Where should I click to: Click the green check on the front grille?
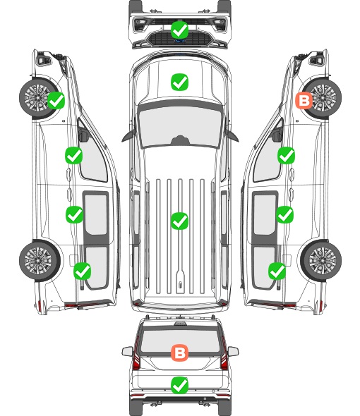click(180, 30)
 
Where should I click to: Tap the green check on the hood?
click(179, 82)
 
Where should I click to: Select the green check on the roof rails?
click(179, 221)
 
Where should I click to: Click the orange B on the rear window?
click(179, 353)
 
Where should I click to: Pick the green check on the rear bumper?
click(179, 385)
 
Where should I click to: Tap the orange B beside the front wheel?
click(304, 101)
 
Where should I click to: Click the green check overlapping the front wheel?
click(56, 100)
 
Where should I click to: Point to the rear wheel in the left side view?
click(40, 261)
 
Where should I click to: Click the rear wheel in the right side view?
click(321, 261)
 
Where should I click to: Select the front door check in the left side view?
click(74, 155)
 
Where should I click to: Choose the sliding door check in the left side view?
click(74, 214)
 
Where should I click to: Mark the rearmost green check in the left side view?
click(83, 271)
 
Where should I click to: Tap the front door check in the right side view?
click(286, 155)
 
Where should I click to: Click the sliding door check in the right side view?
click(285, 214)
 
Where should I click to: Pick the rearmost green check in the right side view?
click(277, 271)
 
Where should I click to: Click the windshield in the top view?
click(180, 127)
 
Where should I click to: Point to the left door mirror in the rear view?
click(128, 351)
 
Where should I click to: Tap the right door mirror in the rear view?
click(233, 351)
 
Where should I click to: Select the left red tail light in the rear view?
click(136, 355)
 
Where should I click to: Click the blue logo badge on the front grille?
click(180, 41)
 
